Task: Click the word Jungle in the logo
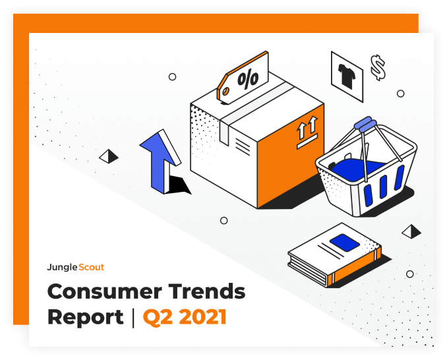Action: (62, 268)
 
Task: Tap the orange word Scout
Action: (92, 267)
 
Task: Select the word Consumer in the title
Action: (105, 291)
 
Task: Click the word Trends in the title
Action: (207, 291)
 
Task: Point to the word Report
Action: (86, 317)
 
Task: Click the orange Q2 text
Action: (158, 317)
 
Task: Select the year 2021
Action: (202, 316)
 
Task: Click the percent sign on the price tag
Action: (248, 78)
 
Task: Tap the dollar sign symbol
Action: (378, 67)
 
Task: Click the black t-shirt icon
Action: (347, 75)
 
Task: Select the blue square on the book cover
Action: (345, 242)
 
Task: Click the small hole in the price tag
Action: (225, 92)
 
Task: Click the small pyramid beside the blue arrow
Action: (109, 156)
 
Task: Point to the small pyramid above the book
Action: (411, 231)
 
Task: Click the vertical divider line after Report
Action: (133, 318)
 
